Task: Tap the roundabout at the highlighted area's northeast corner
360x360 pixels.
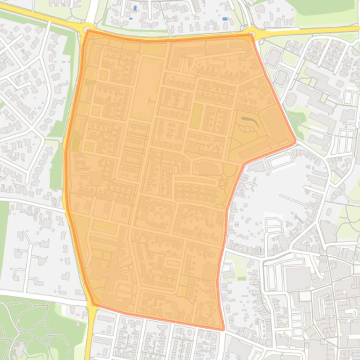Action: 252,33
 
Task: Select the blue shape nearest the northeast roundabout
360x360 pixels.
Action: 225,19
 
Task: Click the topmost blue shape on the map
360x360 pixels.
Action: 135,8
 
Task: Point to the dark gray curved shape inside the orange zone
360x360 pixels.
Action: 249,121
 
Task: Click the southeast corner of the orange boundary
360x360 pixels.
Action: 222,329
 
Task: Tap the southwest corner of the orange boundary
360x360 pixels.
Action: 92,304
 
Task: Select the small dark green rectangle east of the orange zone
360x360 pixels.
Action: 242,279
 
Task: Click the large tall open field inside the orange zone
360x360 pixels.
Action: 146,89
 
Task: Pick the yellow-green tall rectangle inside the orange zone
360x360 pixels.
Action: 196,115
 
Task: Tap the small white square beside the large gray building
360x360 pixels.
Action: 305,296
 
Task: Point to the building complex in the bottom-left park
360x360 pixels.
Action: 20,348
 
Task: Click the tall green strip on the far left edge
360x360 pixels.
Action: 3,234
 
